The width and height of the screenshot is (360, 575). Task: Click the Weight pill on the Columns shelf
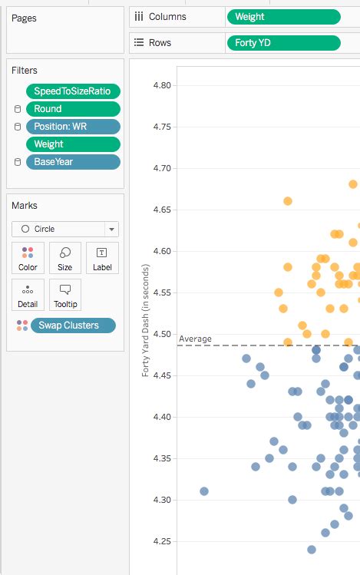click(x=283, y=17)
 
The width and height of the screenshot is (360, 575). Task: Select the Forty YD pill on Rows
click(x=283, y=43)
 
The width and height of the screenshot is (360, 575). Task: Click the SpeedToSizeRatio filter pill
click(x=73, y=91)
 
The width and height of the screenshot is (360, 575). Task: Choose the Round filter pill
click(x=73, y=109)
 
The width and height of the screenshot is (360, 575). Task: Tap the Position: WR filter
click(x=73, y=127)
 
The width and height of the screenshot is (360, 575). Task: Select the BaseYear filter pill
click(x=73, y=162)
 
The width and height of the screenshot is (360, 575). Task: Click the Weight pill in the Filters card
click(x=73, y=144)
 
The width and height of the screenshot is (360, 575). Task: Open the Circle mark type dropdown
click(x=65, y=229)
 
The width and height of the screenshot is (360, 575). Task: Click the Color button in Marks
click(x=28, y=258)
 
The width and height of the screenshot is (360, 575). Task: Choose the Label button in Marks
click(x=102, y=258)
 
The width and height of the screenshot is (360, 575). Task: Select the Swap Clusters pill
click(x=73, y=326)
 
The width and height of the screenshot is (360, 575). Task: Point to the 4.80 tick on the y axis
click(x=162, y=85)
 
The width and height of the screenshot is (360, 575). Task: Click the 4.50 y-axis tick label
click(x=162, y=334)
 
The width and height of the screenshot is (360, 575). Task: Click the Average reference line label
click(x=195, y=339)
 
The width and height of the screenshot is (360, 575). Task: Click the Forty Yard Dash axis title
click(x=145, y=320)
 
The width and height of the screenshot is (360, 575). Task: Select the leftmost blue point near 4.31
click(x=204, y=491)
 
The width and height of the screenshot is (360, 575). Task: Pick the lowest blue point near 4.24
click(x=312, y=549)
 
